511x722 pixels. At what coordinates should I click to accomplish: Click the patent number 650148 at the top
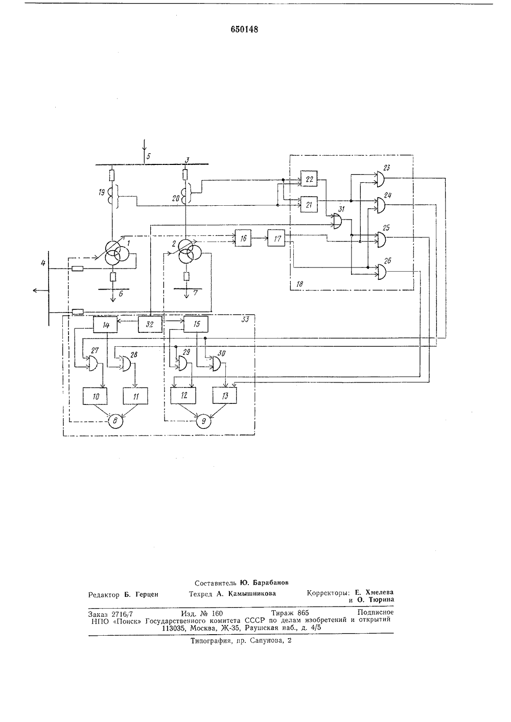[x=244, y=30]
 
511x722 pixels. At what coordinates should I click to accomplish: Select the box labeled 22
[x=309, y=179]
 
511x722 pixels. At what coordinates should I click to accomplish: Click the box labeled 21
[x=309, y=204]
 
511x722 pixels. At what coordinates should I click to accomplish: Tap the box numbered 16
[x=243, y=238]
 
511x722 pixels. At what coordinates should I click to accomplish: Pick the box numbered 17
[x=276, y=238]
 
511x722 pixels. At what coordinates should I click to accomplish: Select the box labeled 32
[x=150, y=324]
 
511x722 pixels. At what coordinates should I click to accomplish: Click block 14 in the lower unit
[x=105, y=324]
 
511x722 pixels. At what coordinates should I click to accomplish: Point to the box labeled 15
[x=196, y=324]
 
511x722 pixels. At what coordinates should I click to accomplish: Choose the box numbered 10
[x=95, y=396]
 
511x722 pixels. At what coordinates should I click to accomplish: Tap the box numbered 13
[x=224, y=395]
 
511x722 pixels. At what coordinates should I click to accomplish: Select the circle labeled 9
[x=204, y=421]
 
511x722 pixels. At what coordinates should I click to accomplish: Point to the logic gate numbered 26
[x=381, y=272]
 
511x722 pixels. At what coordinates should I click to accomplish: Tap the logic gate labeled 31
[x=338, y=222]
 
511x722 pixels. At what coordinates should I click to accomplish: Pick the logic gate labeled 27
[x=94, y=363]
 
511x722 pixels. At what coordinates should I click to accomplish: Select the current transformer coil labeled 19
[x=112, y=196]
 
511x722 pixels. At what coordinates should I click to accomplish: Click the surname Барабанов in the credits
[x=271, y=583]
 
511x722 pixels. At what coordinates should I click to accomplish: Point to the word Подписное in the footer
[x=376, y=612]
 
